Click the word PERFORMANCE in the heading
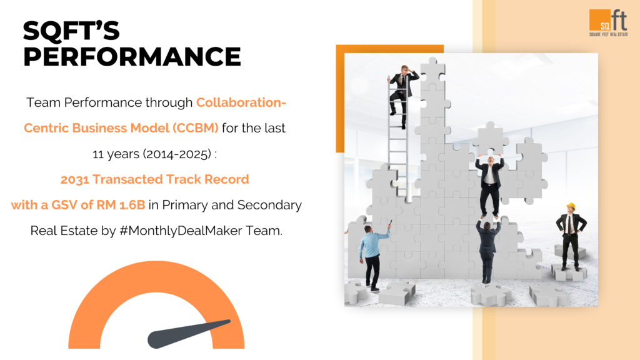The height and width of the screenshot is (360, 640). coord(132,56)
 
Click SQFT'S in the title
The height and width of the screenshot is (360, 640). coord(71,31)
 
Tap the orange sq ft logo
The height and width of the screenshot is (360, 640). coord(608,23)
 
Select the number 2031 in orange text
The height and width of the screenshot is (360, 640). coord(75,179)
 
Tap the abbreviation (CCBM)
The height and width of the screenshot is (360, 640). coord(195,128)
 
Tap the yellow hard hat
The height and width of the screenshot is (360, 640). coord(571,206)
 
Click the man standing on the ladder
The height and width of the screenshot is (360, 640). coord(401,96)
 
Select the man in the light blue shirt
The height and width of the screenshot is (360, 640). coord(372,256)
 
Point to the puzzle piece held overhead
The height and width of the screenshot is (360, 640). coord(490,139)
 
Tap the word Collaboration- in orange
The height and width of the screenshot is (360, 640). coord(241,102)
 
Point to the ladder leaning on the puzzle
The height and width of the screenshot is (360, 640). coord(398,139)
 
